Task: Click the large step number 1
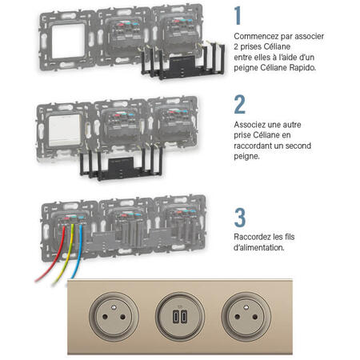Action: [238, 16]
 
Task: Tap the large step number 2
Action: [240, 105]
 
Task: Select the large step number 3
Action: [240, 218]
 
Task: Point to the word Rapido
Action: [302, 67]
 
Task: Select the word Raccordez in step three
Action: [251, 237]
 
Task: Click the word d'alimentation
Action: [259, 247]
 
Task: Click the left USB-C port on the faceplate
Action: [176, 317]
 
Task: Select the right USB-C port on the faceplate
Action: [184, 317]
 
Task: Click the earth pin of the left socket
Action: [114, 307]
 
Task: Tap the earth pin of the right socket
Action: [246, 307]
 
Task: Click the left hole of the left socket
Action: [105, 317]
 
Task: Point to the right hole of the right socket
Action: [255, 317]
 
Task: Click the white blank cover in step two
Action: [65, 130]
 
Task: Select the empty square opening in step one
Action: [68, 41]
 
